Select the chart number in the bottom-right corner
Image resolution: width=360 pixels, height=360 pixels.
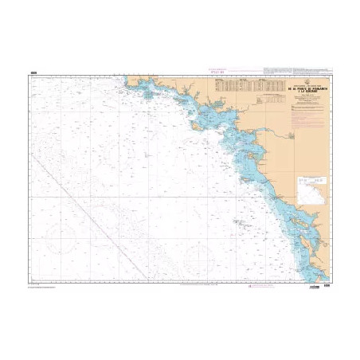(326, 281)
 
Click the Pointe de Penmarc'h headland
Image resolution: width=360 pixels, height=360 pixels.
(127, 80)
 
